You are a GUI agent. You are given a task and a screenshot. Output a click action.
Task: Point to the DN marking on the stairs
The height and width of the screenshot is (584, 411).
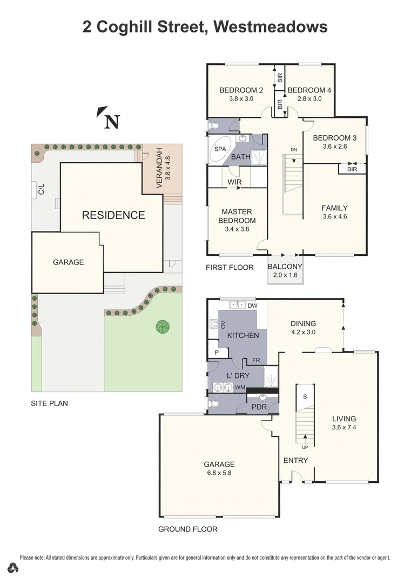tap(294, 150)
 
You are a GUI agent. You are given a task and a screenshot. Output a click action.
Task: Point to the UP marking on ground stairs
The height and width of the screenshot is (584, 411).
tap(305, 447)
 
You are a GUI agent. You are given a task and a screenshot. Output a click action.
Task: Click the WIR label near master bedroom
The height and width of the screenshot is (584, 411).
tap(234, 182)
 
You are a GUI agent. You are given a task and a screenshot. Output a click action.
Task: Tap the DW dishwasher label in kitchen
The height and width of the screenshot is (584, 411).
tap(253, 306)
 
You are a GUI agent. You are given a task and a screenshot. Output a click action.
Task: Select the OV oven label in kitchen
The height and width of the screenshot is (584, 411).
tap(222, 324)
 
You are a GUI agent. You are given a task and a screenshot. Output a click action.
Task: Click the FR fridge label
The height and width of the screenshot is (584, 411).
tap(256, 360)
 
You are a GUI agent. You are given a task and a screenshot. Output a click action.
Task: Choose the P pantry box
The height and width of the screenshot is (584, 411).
tap(217, 353)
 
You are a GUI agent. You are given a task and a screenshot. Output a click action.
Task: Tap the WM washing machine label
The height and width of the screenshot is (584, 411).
tap(239, 387)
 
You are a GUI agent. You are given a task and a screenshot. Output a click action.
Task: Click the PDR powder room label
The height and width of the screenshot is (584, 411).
tap(259, 407)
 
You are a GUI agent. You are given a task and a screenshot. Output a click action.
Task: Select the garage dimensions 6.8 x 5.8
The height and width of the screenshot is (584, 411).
tap(219, 473)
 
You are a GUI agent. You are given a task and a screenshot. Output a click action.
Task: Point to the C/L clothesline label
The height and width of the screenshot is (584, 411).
tap(41, 189)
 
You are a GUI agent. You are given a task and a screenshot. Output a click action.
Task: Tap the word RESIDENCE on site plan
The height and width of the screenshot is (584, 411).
tap(113, 215)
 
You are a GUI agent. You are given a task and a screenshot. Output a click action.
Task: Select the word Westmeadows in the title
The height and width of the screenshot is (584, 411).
tap(271, 26)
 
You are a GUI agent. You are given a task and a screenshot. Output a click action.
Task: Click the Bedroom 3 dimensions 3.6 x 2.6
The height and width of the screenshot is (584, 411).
tap(335, 146)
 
